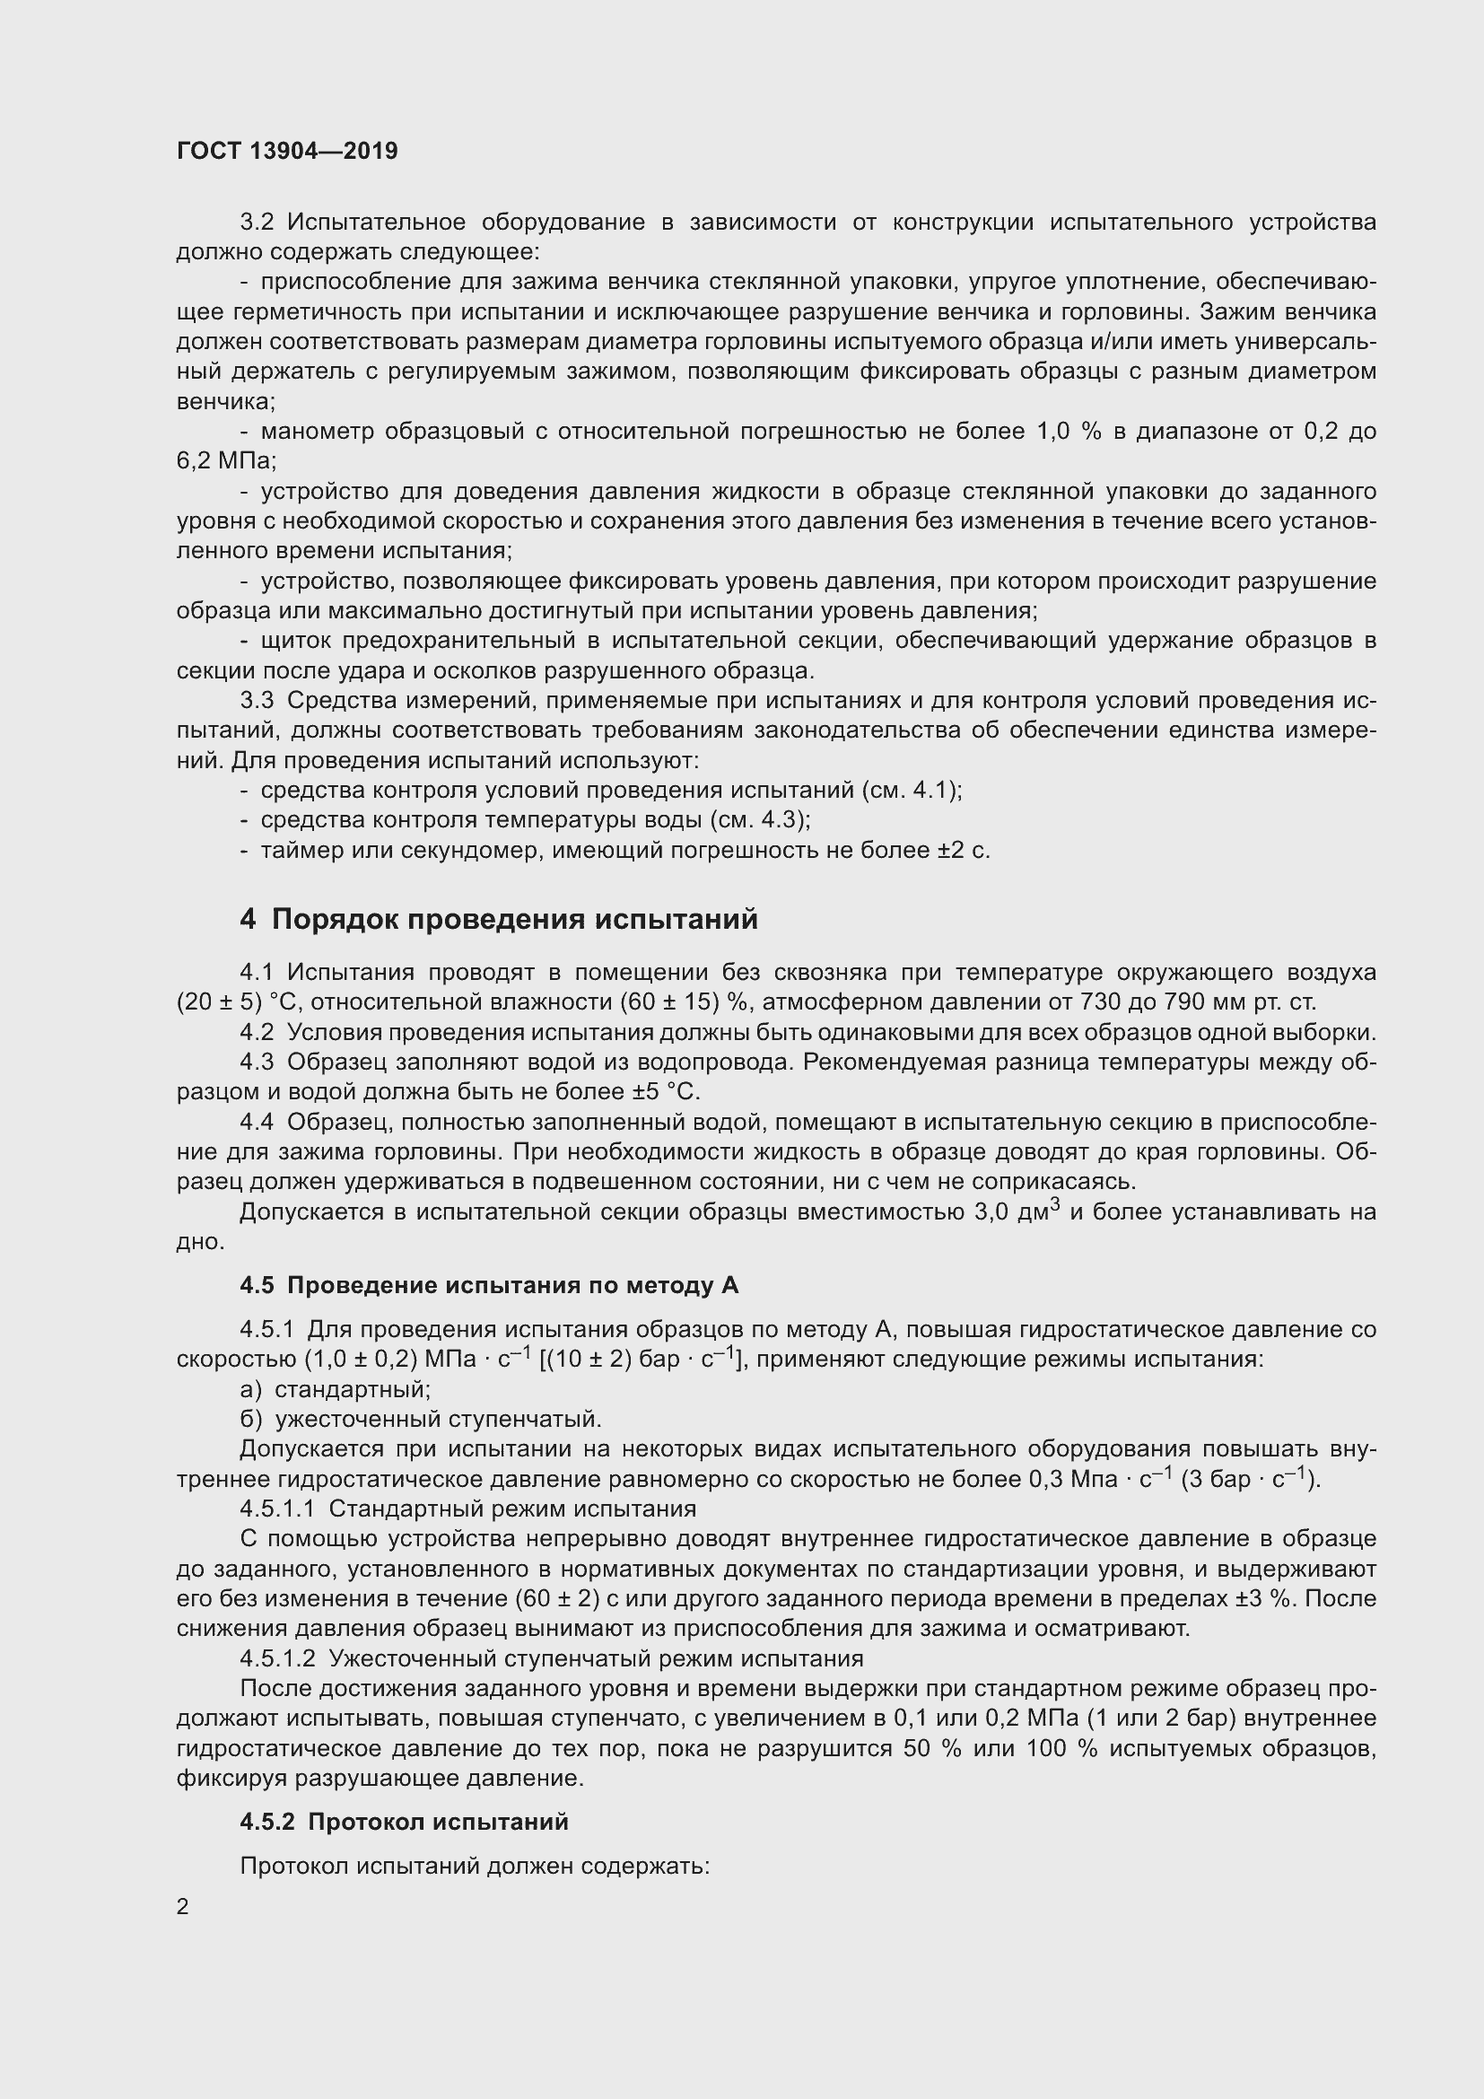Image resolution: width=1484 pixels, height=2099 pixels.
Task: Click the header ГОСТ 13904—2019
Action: click(288, 151)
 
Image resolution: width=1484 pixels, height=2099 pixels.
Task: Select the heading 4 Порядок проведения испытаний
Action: click(499, 919)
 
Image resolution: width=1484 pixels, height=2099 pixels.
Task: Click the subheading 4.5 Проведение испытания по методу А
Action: click(489, 1285)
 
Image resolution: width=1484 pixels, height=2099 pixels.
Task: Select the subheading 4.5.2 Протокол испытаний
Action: click(404, 1821)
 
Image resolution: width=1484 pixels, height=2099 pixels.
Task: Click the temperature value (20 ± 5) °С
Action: click(240, 1002)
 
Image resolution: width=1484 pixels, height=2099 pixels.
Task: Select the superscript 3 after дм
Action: click(1054, 1204)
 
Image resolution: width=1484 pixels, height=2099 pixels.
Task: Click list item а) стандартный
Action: click(335, 1389)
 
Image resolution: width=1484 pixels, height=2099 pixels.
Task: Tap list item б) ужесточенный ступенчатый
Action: click(420, 1419)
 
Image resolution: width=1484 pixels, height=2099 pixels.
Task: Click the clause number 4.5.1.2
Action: click(277, 1658)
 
